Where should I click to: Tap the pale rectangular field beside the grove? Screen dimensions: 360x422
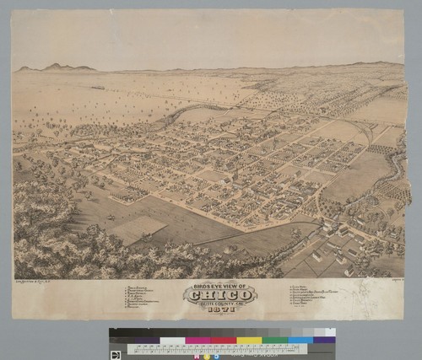click(x=134, y=226)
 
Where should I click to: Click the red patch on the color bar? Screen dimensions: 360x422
click(x=225, y=341)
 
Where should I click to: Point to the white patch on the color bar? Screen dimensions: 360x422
click(x=173, y=341)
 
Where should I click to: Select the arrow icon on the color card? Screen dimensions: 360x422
click(x=116, y=354)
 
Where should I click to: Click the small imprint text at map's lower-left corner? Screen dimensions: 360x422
click(x=35, y=269)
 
